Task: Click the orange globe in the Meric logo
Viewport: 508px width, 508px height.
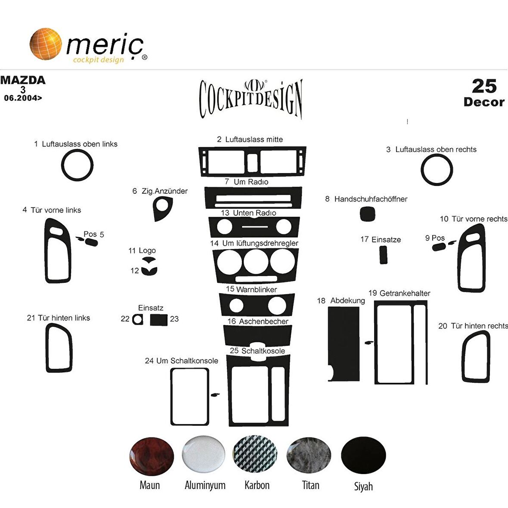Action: pyautogui.click(x=46, y=43)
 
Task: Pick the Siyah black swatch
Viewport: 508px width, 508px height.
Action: pyautogui.click(x=363, y=455)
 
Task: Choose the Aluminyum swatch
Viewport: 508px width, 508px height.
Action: pyautogui.click(x=204, y=455)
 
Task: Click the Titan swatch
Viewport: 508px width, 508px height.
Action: pyautogui.click(x=309, y=455)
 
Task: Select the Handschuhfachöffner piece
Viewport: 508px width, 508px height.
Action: pyautogui.click(x=367, y=214)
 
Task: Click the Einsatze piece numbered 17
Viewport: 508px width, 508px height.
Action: pyautogui.click(x=383, y=254)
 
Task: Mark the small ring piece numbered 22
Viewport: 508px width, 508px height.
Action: pyautogui.click(x=138, y=319)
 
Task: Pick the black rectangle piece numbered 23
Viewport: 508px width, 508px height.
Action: pyautogui.click(x=158, y=319)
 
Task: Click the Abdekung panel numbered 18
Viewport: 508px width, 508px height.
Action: pyautogui.click(x=343, y=340)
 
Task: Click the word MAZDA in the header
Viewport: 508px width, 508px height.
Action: pyautogui.click(x=23, y=80)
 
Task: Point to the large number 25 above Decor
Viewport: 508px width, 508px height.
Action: pyautogui.click(x=484, y=86)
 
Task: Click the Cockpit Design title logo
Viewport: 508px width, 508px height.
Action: pyautogui.click(x=251, y=98)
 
